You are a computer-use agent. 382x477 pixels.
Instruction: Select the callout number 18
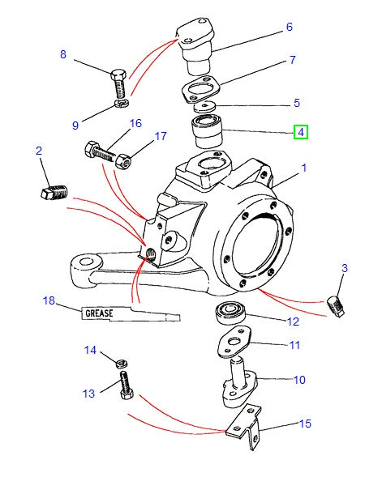coord(49,300)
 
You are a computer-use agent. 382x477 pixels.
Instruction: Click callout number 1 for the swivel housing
coord(304,168)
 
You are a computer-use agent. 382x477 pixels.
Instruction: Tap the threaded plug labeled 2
coord(52,193)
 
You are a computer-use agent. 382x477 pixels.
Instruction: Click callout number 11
coord(294,345)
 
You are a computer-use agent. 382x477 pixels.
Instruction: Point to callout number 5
coord(296,103)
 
